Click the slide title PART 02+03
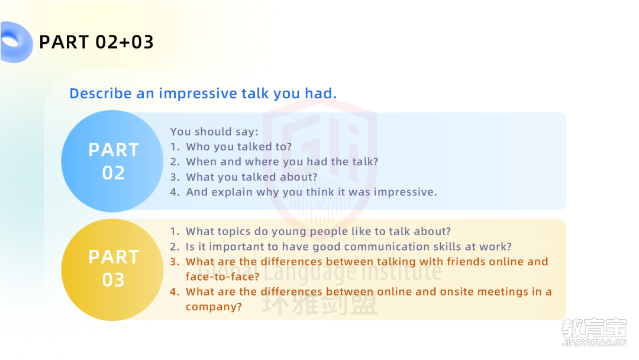coord(96,42)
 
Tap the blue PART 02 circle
coord(112,161)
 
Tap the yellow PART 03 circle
coord(112,269)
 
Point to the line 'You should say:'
coord(214,131)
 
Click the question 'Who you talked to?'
coord(239,147)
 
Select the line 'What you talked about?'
coord(251,177)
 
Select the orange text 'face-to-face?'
coord(222,277)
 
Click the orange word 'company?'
coord(214,307)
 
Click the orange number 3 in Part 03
coord(175,262)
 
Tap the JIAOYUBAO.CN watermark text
coord(594,343)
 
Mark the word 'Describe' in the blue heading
coord(100,94)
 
